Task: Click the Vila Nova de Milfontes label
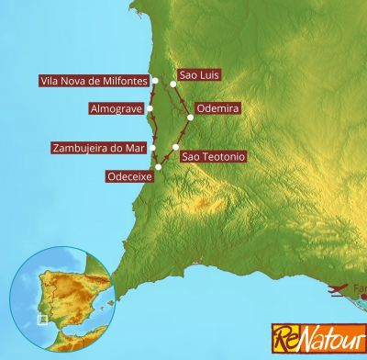95,81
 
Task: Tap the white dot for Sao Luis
173,84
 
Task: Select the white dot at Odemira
190,117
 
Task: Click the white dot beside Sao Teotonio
175,148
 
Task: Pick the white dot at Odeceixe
159,167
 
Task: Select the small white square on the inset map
41,320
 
